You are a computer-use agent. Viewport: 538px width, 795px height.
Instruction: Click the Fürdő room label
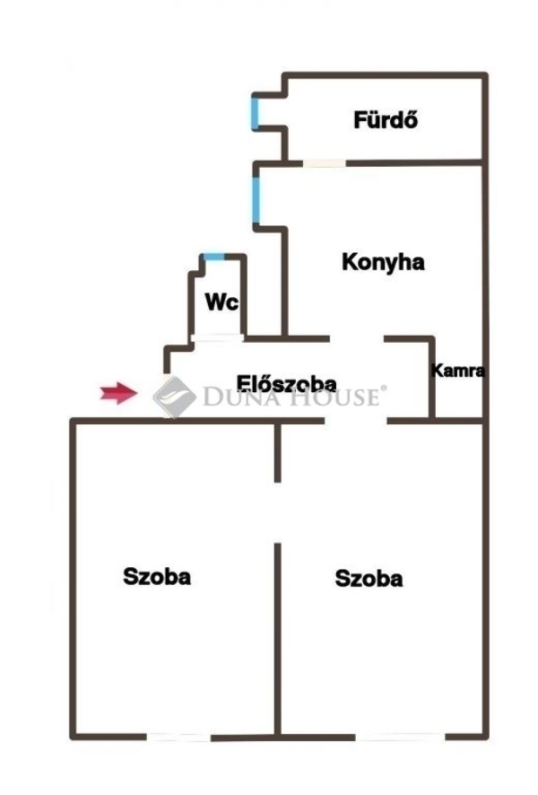point(386,119)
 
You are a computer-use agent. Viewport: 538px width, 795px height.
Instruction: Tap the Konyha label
point(383,263)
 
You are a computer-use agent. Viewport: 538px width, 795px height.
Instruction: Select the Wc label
point(221,302)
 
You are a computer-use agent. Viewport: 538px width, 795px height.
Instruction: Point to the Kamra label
point(458,370)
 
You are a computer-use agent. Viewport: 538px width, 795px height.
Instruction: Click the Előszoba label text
point(286,384)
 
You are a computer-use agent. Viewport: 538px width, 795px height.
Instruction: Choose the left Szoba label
point(157,576)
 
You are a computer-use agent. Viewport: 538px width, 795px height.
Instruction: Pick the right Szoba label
point(369,579)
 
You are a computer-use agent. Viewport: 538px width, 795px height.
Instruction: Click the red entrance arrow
point(117,392)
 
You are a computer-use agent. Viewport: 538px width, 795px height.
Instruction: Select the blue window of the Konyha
point(256,199)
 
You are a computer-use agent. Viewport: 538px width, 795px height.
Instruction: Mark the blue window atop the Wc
point(213,257)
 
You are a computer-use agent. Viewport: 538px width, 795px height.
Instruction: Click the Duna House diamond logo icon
point(174,396)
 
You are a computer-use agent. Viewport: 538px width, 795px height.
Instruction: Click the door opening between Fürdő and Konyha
point(323,162)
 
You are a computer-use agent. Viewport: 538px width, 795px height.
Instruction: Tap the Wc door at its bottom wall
point(217,337)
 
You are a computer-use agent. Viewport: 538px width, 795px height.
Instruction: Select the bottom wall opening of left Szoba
point(179,737)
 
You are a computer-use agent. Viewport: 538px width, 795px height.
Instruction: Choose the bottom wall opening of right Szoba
point(400,737)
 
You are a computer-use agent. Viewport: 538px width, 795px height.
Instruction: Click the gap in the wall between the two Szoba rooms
point(278,511)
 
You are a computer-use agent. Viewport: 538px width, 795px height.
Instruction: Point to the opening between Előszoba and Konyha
point(357,338)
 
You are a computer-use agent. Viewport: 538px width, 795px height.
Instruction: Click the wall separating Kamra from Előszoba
point(431,377)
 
